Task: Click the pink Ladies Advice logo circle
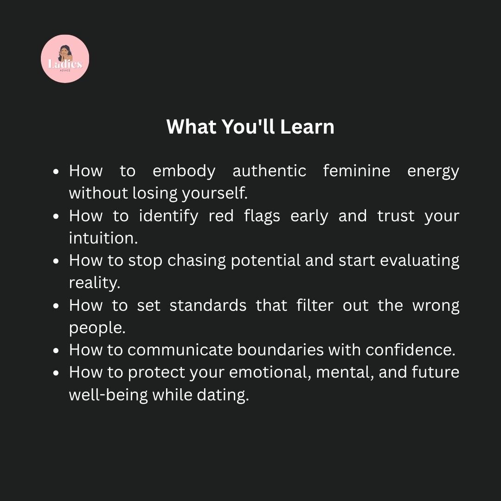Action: click(65, 59)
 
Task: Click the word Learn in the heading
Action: click(307, 127)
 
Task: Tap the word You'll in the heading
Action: click(248, 127)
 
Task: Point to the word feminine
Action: click(357, 171)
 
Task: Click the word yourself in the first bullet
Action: click(215, 193)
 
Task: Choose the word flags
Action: click(262, 216)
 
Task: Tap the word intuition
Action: click(103, 238)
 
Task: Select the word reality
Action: click(95, 283)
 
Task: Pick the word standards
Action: click(208, 305)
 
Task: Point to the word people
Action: click(97, 328)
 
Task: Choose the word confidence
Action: click(411, 350)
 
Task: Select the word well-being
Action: click(108, 395)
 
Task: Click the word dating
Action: click(223, 395)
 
